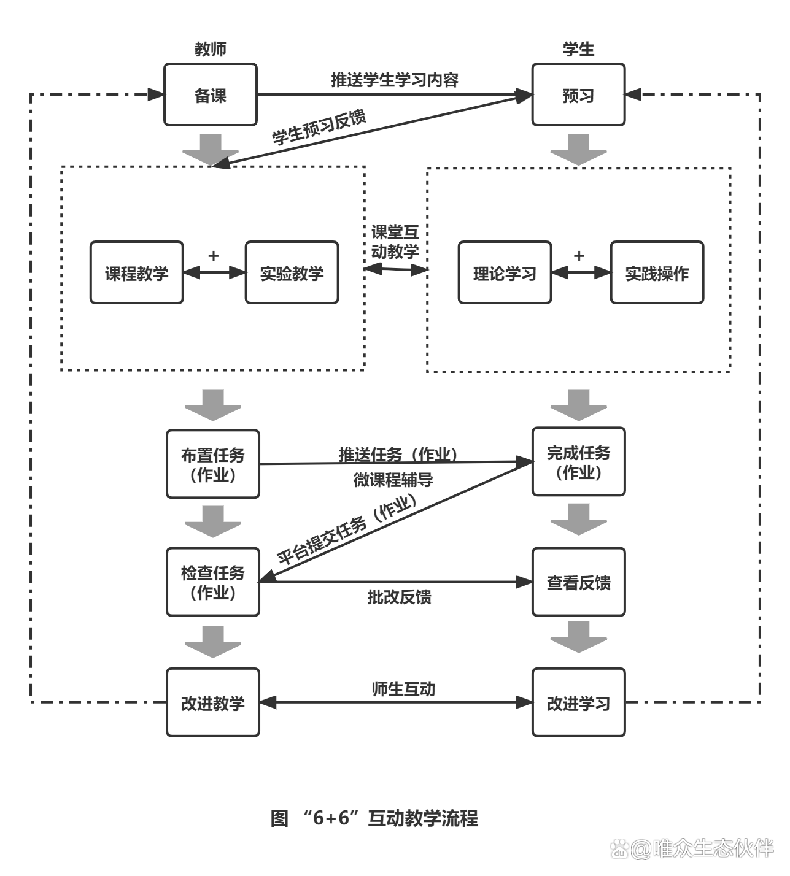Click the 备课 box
pos(210,94)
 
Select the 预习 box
pos(578,94)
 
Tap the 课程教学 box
pos(136,272)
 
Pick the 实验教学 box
pos(292,272)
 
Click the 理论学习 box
pos(505,272)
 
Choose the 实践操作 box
pos(657,272)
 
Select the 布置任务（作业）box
pos(213,464)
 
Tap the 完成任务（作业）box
pos(578,461)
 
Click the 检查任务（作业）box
pos(213,582)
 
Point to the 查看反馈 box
pos(578,582)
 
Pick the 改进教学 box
pos(213,702)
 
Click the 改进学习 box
pos(578,702)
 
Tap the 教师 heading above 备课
pos(210,49)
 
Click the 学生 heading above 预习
pos(578,49)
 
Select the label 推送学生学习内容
pos(395,80)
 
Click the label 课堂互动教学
pos(395,242)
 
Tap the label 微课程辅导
pos(393,480)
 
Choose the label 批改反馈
pos(399,596)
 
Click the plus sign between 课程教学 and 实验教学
pos(213,255)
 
